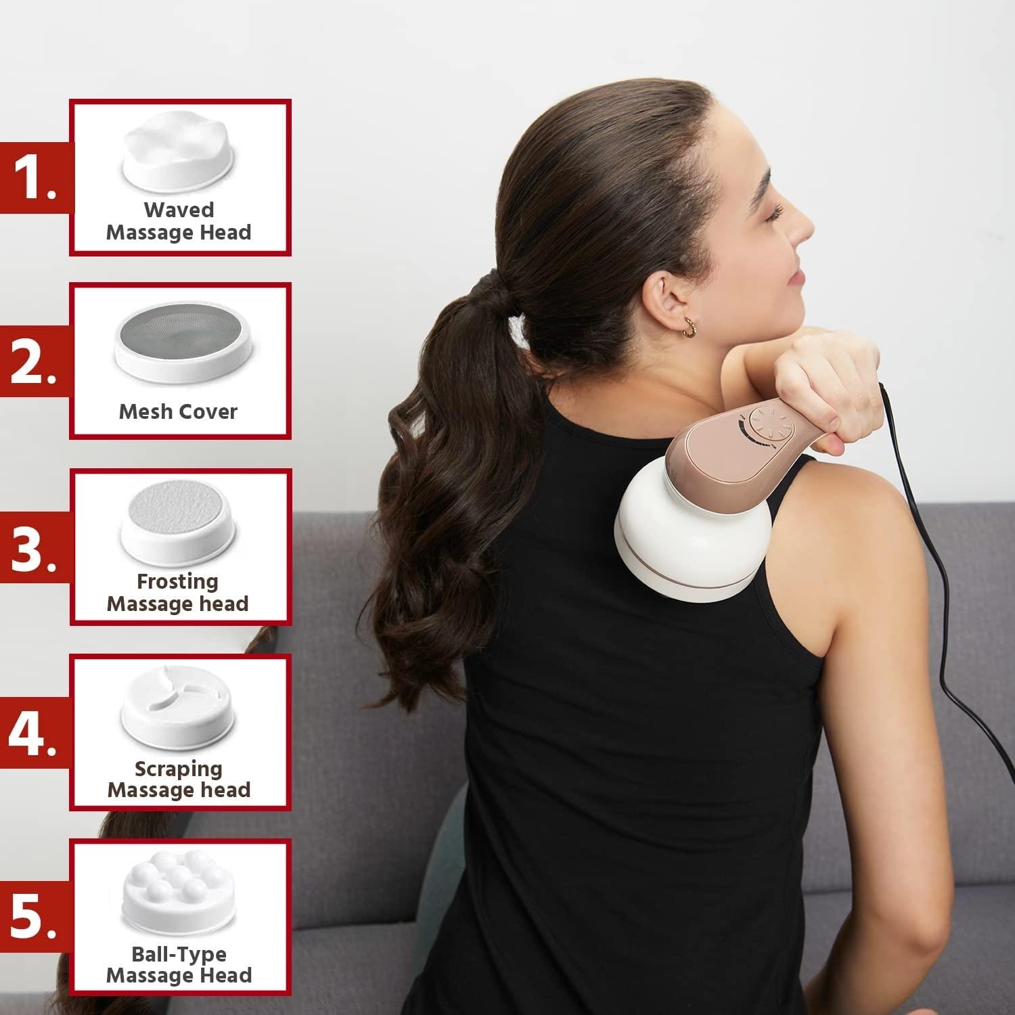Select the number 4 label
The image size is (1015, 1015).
(x=32, y=734)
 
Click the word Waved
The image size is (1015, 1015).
(x=179, y=210)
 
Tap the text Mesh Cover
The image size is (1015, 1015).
(x=178, y=411)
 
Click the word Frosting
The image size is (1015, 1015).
(x=178, y=581)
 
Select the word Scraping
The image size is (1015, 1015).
(x=178, y=769)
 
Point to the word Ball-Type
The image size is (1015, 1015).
(x=179, y=954)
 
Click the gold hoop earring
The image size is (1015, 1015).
(x=689, y=328)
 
